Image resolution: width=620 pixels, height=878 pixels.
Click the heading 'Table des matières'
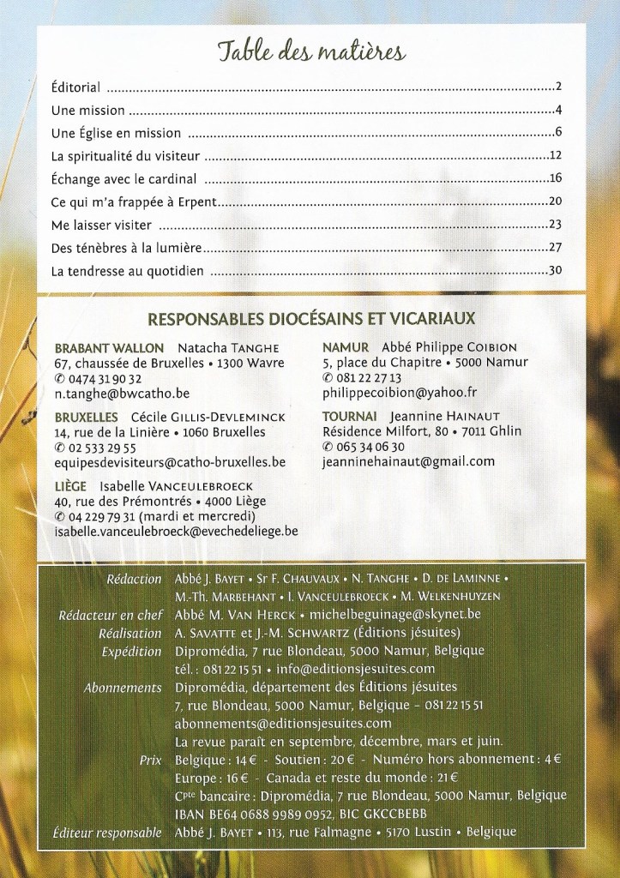click(310, 52)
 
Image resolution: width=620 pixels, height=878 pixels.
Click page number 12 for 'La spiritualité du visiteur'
click(554, 156)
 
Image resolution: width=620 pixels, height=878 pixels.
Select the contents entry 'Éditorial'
click(76, 87)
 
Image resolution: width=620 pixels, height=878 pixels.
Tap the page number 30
click(554, 271)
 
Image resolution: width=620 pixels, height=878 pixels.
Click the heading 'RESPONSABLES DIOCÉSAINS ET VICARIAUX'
click(310, 320)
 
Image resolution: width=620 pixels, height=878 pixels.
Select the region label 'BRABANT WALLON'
click(109, 348)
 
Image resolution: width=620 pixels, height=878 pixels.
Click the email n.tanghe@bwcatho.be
click(122, 394)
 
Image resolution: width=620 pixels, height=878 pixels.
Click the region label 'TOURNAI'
click(346, 416)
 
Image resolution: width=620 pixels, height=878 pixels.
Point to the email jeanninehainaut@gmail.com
click(408, 461)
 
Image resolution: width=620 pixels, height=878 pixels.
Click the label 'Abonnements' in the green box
click(123, 688)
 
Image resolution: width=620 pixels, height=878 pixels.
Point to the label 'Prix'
click(150, 760)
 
